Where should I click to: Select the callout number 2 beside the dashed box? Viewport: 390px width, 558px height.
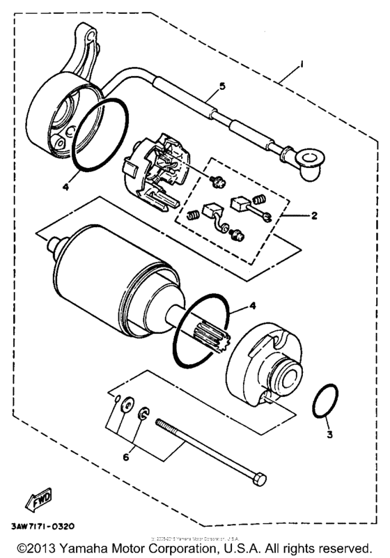(314, 215)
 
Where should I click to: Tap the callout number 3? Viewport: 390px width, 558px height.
(330, 435)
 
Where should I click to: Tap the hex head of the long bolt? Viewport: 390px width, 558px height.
(257, 481)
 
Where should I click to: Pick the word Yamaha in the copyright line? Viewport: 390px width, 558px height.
(88, 546)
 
